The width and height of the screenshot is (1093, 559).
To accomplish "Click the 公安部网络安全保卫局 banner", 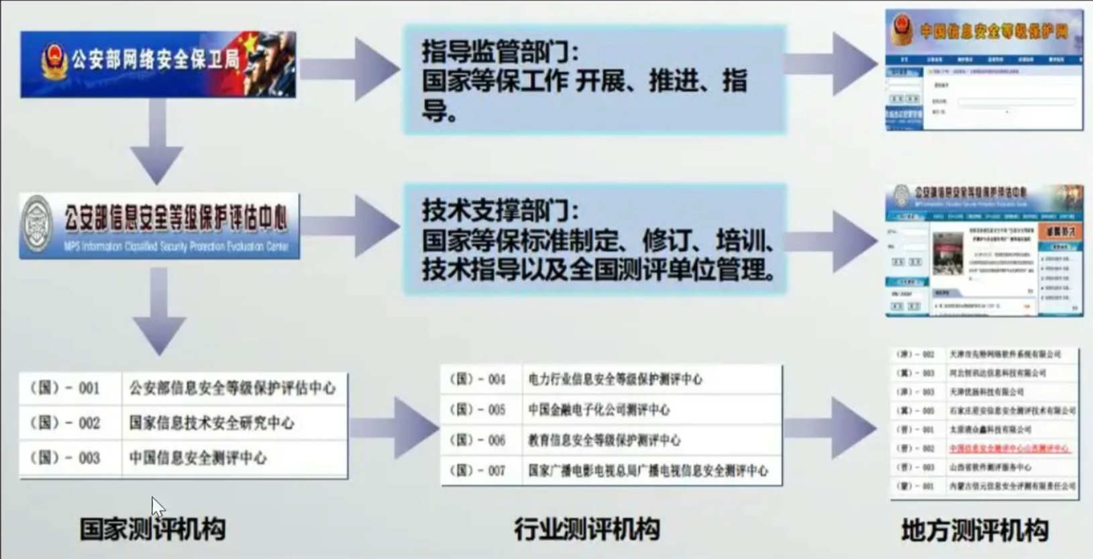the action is [x=158, y=64].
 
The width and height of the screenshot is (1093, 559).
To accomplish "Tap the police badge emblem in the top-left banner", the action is [x=53, y=62].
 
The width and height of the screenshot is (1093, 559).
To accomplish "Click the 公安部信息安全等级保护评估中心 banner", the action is [x=160, y=226].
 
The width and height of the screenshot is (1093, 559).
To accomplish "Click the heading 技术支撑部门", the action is [x=500, y=210].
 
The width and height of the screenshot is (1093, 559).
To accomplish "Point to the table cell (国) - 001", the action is [x=65, y=388].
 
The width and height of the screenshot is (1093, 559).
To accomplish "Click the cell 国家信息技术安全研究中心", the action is [x=211, y=423].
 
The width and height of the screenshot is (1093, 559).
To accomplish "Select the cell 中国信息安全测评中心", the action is [x=198, y=458].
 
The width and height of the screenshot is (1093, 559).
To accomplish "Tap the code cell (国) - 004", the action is [x=478, y=379].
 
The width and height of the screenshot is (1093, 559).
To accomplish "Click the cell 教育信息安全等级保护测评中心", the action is [x=604, y=440].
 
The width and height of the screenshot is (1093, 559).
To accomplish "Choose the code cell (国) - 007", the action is [x=478, y=470].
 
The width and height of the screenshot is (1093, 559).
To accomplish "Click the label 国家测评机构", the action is [x=152, y=529].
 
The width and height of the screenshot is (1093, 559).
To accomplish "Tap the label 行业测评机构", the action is [x=586, y=529].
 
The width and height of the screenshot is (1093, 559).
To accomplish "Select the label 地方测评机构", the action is [x=974, y=530].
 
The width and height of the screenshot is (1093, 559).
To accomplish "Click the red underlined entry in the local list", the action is [x=1008, y=448].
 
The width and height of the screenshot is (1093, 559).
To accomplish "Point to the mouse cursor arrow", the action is [x=157, y=507].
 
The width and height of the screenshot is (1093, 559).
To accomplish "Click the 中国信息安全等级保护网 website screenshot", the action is [x=984, y=70].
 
